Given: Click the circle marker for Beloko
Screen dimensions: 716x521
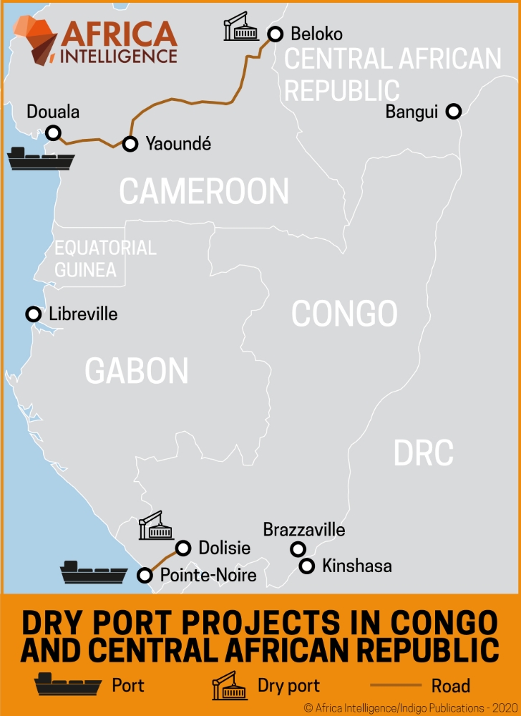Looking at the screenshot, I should coord(276,34).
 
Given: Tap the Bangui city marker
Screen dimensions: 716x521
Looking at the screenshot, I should coord(453,111).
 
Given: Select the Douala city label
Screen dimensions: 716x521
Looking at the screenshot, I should coord(53,112).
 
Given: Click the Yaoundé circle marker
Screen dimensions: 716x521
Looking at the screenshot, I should coord(130,144).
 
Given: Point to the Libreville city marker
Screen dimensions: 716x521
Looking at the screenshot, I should coord(33,314).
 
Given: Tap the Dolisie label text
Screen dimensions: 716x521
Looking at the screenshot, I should coord(225,548).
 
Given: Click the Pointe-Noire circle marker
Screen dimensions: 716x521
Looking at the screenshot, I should coord(145,575).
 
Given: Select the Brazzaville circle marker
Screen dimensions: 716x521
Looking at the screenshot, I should coord(297,549).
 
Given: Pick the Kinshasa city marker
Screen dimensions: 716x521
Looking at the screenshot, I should coord(306,566).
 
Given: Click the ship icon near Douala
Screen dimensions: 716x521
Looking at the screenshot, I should coord(40,158).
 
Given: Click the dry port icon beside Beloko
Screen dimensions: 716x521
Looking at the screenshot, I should coord(240,27).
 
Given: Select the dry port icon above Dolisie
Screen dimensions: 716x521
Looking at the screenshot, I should coord(156,526).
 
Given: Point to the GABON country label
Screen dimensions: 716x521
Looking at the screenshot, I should coord(137,371).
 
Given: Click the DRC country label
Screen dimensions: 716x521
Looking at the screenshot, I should coord(424,453).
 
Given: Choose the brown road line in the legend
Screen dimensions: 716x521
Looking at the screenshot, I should coord(394,686).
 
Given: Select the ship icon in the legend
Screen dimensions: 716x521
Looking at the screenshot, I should coord(69,686).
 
